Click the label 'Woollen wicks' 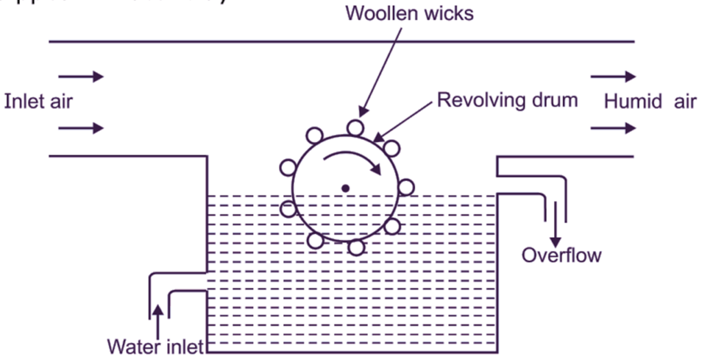coord(409,13)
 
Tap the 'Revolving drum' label coord(507,100)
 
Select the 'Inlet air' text coord(38,101)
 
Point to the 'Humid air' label coord(649,101)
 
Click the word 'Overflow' coord(561,255)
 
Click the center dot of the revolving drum coord(346,188)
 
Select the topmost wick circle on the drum coord(354,128)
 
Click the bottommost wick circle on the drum coord(356,247)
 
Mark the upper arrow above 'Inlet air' coord(81,76)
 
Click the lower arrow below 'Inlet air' coord(81,128)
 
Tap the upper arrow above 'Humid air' coord(613,76)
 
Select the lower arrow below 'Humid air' coord(613,128)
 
